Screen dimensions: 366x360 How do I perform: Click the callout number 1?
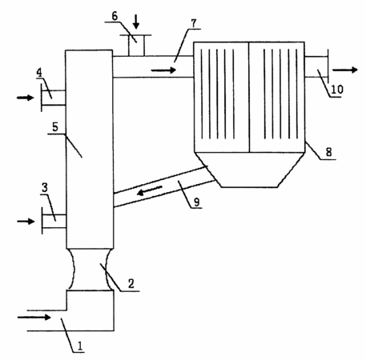pyautogui.click(x=80, y=346)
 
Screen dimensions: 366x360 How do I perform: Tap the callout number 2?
pyautogui.click(x=131, y=284)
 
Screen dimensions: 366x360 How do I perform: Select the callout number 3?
pyautogui.click(x=45, y=187)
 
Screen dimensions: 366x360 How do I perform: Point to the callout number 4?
pyautogui.click(x=39, y=73)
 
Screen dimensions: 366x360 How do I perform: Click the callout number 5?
pyautogui.click(x=55, y=127)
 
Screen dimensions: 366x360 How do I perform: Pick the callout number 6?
pyautogui.click(x=115, y=16)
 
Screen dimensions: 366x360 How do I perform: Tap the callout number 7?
pyautogui.click(x=194, y=23)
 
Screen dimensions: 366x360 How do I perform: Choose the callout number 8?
pyautogui.click(x=328, y=152)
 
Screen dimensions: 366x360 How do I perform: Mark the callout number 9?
pyautogui.click(x=196, y=202)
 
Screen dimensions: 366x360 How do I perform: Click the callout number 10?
pyautogui.click(x=337, y=90)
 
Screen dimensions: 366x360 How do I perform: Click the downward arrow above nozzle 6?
pyautogui.click(x=136, y=22)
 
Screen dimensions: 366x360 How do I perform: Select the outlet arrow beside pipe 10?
pyautogui.click(x=345, y=70)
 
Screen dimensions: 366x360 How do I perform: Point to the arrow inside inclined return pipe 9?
pyautogui.click(x=150, y=190)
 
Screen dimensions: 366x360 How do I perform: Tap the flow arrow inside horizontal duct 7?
pyautogui.click(x=163, y=70)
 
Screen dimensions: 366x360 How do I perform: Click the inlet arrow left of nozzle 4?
pyautogui.click(x=26, y=98)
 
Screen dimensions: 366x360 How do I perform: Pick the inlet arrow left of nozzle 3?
pyautogui.click(x=26, y=222)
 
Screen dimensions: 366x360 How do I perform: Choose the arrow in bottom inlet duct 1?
pyautogui.click(x=34, y=318)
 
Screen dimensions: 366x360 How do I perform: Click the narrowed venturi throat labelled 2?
pyautogui.click(x=90, y=270)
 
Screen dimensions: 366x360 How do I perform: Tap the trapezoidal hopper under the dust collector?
pyautogui.click(x=249, y=170)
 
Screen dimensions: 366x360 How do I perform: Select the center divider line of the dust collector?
pyautogui.click(x=249, y=98)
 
